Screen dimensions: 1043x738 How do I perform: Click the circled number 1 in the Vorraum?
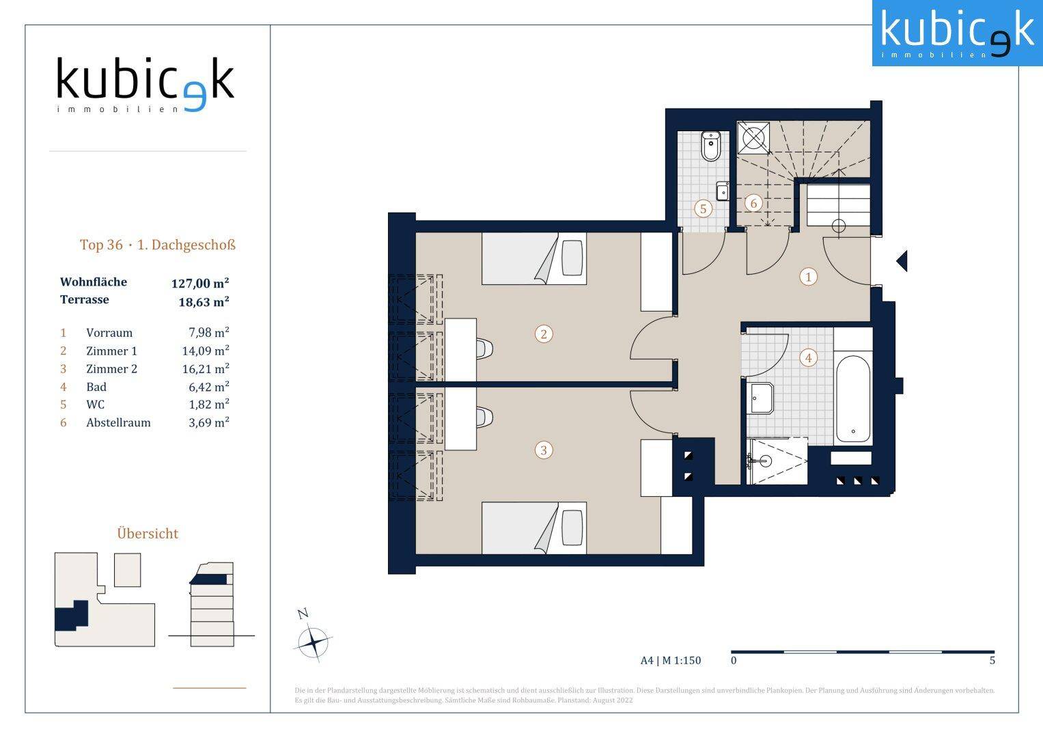pos(808,277)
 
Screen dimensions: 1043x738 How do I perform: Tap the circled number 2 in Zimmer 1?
pos(544,334)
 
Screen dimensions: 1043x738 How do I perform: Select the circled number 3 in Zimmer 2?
pos(544,450)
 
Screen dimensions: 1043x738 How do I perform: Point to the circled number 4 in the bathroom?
pos(808,358)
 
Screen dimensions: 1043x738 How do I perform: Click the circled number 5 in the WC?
pos(703,208)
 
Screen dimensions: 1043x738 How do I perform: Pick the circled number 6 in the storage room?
pos(753,203)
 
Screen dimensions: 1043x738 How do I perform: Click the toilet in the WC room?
pos(711,146)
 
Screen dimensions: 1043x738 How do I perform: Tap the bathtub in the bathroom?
pos(853,399)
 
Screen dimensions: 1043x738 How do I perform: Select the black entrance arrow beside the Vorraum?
pos(902,261)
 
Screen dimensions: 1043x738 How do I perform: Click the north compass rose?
pos(314,642)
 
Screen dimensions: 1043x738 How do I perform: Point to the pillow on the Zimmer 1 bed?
pos(572,258)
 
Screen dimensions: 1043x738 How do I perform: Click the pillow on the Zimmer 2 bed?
pos(572,528)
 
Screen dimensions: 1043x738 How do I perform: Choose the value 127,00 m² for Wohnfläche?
pos(200,283)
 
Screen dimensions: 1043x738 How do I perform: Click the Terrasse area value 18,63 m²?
pos(204,301)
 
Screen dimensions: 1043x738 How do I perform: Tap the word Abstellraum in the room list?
pos(118,422)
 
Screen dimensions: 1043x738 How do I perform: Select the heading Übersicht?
pos(148,534)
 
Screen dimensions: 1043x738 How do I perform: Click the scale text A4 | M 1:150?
pos(671,660)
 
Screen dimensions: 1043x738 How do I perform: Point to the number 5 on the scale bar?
pos(992,660)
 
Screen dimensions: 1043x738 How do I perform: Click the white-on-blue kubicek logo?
pos(957,33)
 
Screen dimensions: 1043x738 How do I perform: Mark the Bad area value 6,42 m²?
pos(208,387)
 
